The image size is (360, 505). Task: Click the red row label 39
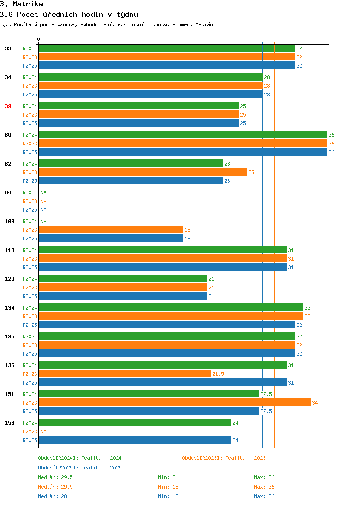click(x=8, y=106)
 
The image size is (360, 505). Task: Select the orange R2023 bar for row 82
click(x=143, y=172)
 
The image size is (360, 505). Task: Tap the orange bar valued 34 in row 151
click(x=175, y=402)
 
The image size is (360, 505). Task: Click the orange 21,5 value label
click(x=218, y=374)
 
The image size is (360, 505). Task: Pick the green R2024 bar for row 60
click(x=183, y=134)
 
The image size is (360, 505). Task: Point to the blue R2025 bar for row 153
click(x=135, y=440)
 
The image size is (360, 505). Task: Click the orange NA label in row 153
click(x=44, y=432)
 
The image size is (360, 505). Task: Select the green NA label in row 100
click(x=44, y=221)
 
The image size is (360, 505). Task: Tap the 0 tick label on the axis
click(x=39, y=39)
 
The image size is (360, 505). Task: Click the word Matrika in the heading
click(x=28, y=4)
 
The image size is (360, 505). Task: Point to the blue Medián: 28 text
click(x=52, y=496)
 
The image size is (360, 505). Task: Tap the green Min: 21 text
click(x=168, y=477)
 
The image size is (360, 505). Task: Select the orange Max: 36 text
click(x=264, y=487)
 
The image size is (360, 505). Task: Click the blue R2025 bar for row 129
click(x=123, y=296)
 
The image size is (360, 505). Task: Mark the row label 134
click(x=10, y=308)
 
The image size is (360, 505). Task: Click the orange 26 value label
click(x=251, y=172)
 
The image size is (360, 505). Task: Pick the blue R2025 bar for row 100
click(x=111, y=238)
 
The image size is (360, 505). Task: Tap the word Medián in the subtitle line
click(x=204, y=24)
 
